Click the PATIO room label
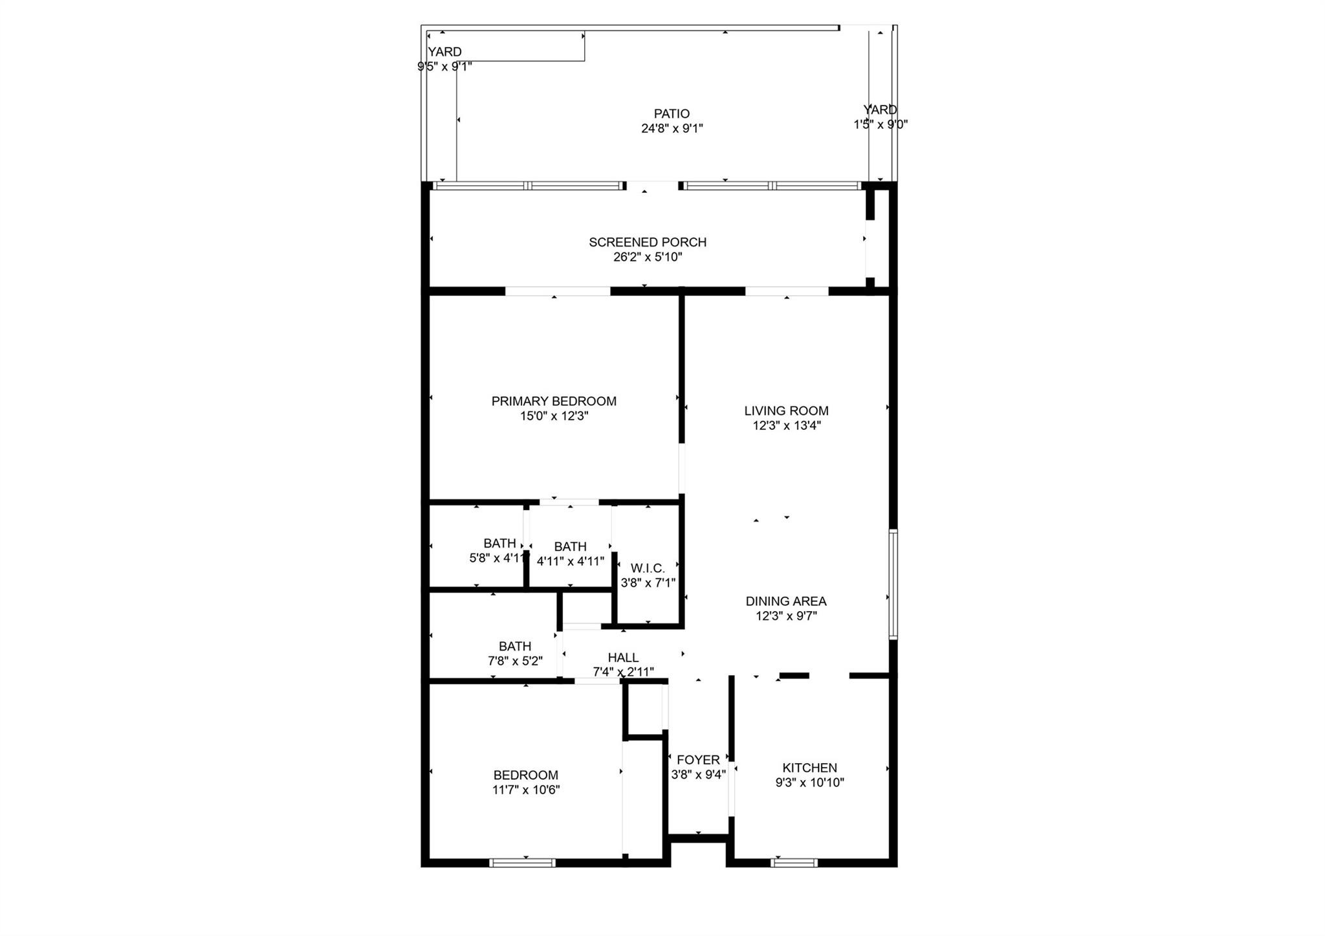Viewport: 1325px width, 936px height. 672,114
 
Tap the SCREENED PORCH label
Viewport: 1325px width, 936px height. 647,242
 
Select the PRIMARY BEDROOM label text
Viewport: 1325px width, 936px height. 554,401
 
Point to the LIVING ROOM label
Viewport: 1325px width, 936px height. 786,410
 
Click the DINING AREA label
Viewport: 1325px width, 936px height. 786,601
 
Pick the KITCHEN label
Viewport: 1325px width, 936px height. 809,768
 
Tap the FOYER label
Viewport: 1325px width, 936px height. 698,760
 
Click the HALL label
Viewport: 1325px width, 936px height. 623,658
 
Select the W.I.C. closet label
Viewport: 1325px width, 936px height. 648,568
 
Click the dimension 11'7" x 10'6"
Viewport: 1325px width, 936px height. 525,790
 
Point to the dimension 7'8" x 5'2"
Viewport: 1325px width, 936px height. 515,661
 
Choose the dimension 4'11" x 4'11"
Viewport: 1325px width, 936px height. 570,561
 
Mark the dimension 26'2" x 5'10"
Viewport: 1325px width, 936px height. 647,257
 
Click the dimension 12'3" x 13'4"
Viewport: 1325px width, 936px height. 786,425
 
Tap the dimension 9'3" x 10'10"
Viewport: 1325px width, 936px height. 809,783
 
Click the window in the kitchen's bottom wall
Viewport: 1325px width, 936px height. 794,862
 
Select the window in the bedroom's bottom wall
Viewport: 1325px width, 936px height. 522,862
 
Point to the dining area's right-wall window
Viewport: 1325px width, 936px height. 893,584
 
